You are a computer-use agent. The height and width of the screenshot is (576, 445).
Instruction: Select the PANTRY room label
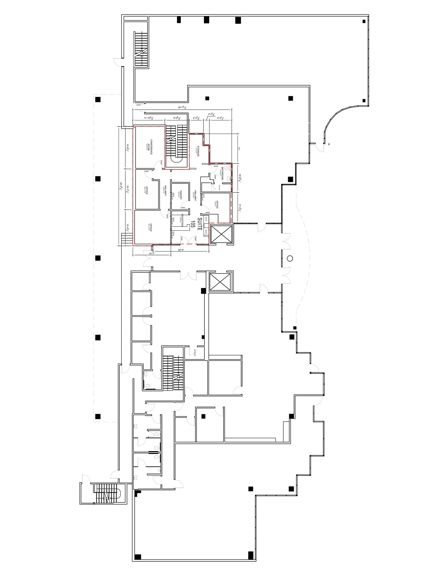[x=180, y=195]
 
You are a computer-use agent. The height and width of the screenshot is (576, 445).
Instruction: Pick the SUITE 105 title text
[x=196, y=224]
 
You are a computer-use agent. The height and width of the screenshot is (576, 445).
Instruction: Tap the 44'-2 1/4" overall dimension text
[x=121, y=186]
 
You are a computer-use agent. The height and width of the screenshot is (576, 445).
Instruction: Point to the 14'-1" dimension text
[x=152, y=253]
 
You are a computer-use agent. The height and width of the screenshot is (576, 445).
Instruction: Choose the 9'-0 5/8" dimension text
[x=177, y=118]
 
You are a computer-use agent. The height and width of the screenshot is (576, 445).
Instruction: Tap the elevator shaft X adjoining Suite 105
[x=221, y=233]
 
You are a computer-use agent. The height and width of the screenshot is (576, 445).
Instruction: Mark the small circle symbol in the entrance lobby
[x=290, y=258]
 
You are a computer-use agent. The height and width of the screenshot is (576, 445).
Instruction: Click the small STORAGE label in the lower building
[x=195, y=353]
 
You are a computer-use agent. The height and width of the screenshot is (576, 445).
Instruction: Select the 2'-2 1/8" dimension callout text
[x=211, y=114]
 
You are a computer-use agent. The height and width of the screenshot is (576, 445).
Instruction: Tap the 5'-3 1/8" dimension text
[x=196, y=118]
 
